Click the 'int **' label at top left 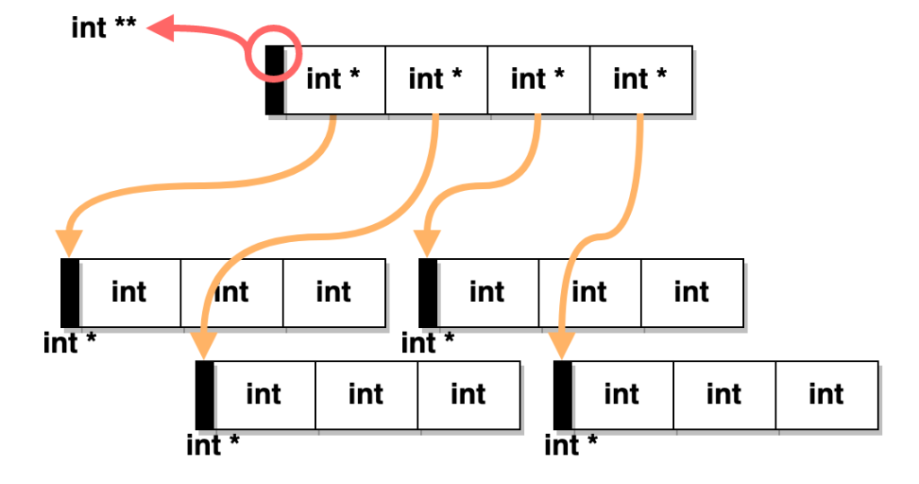pyautogui.click(x=103, y=28)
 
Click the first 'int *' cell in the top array pyautogui.click(x=334, y=80)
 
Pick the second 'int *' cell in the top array pyautogui.click(x=436, y=80)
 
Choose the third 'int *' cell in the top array pyautogui.click(x=538, y=80)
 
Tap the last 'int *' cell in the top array pyautogui.click(x=641, y=80)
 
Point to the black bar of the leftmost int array pyautogui.click(x=70, y=293)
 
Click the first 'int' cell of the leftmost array pyautogui.click(x=129, y=293)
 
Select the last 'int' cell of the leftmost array pyautogui.click(x=334, y=293)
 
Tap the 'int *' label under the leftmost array pyautogui.click(x=69, y=342)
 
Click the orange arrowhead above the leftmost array pyautogui.click(x=69, y=242)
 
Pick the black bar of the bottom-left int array pyautogui.click(x=205, y=395)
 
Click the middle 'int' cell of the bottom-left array pyautogui.click(x=366, y=395)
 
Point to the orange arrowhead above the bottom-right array pyautogui.click(x=563, y=344)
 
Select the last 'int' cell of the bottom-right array pyautogui.click(x=826, y=395)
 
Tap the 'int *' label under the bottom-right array pyautogui.click(x=571, y=445)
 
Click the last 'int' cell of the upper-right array pyautogui.click(x=691, y=293)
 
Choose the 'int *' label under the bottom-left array pyautogui.click(x=213, y=445)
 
